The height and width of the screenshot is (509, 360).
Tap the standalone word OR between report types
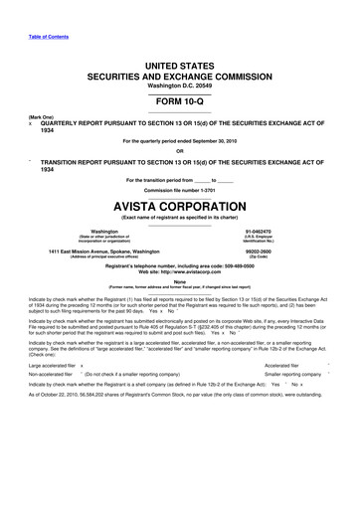180,150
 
